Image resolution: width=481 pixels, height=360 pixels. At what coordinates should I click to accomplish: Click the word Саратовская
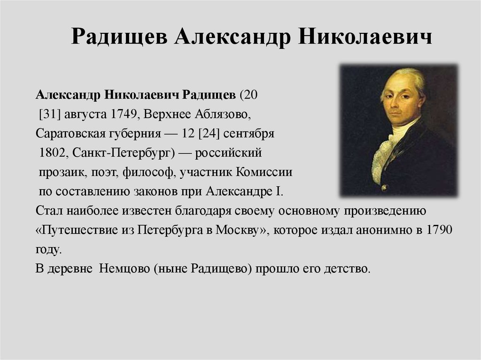point(66,134)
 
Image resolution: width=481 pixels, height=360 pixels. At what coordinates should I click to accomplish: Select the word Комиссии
point(267,172)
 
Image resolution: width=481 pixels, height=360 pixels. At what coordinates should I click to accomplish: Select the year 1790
point(439,230)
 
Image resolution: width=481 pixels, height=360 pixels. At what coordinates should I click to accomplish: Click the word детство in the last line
point(347,269)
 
